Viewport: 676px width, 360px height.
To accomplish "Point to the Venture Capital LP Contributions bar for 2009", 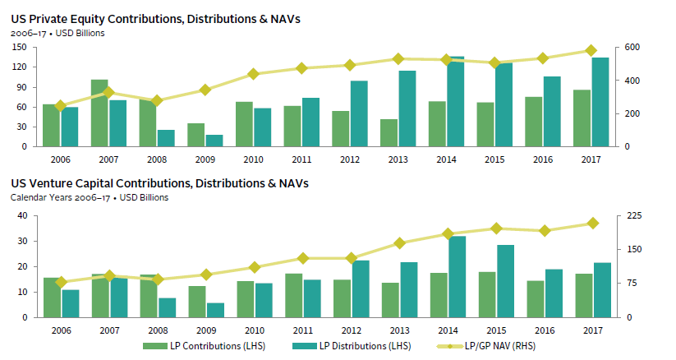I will click(196, 302).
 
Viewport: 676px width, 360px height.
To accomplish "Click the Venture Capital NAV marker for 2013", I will click(399, 243).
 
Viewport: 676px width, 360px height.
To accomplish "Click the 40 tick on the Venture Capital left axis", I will click(22, 215).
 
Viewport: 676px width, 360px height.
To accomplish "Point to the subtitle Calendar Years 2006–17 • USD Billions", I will click(90, 197).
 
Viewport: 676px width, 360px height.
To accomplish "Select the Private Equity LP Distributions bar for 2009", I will click(214, 141).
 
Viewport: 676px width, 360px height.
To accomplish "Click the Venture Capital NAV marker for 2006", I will click(61, 283).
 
